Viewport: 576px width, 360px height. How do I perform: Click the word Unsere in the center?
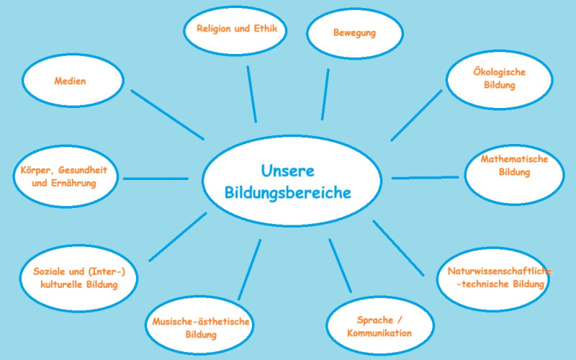coord(287,171)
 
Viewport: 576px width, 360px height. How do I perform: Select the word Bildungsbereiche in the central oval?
coord(287,193)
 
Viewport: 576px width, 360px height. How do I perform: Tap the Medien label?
coord(70,81)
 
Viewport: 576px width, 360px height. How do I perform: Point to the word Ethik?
coord(265,28)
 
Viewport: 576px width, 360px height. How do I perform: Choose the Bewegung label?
coord(354,32)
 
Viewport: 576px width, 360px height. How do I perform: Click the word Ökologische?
coord(499,72)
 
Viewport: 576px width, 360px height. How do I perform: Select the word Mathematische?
coord(514,159)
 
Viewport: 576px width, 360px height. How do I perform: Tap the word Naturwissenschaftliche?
coord(500,271)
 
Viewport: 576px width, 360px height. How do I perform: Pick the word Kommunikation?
coord(379,333)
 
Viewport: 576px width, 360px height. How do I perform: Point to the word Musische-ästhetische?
coord(201,322)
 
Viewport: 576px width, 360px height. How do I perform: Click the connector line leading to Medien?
coord(168,115)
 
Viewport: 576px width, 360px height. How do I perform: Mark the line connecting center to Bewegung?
coord(325,94)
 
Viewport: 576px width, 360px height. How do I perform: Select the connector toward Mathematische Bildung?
coord(425,178)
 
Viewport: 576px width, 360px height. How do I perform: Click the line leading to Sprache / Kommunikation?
coord(340,266)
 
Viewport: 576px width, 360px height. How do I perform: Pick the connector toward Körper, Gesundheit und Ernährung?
coord(156,179)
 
